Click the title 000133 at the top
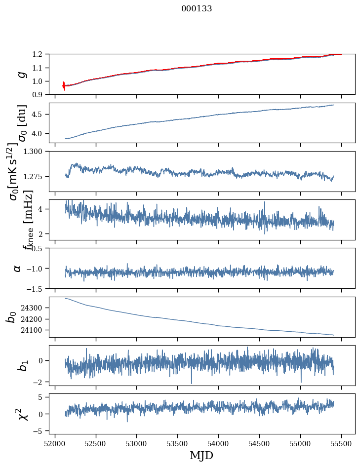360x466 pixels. point(197,9)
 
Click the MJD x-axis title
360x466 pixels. point(201,456)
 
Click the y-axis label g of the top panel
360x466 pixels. point(21,74)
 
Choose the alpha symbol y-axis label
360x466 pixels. point(18,268)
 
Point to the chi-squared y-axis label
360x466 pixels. point(21,414)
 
